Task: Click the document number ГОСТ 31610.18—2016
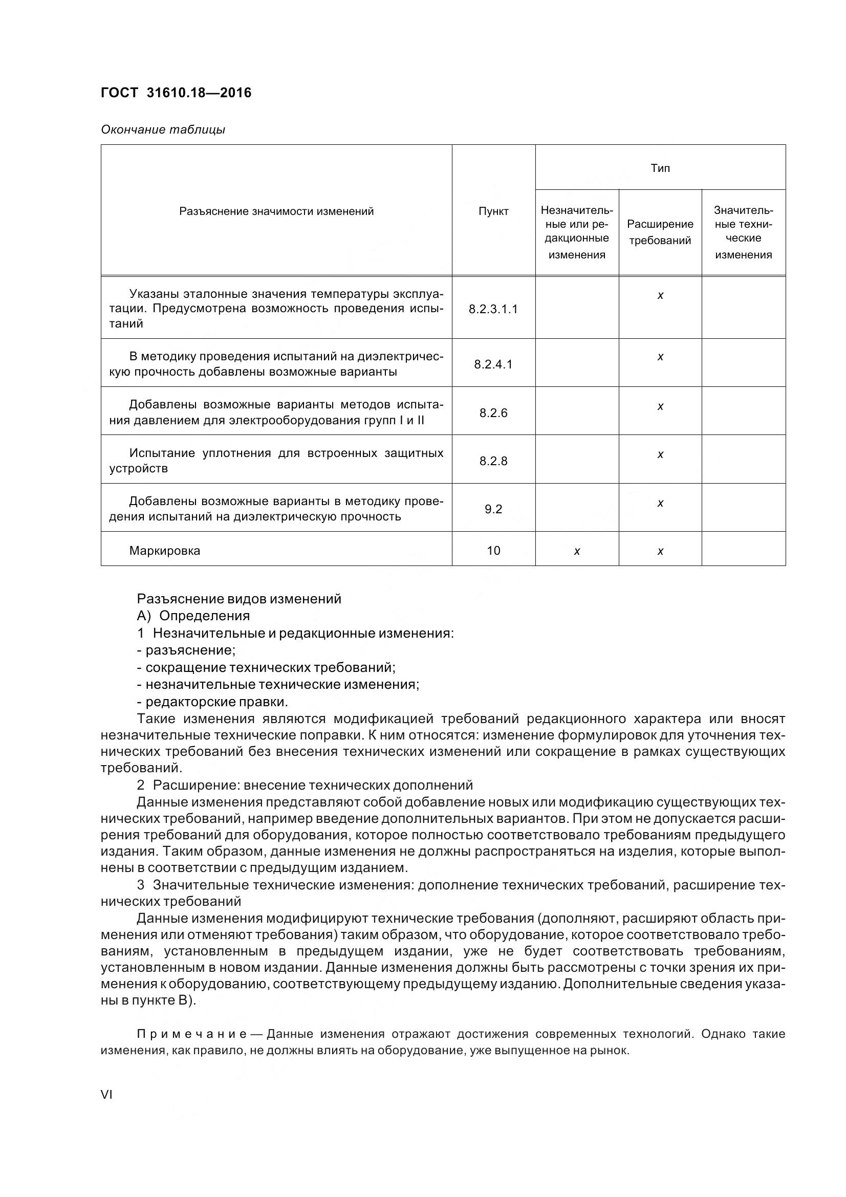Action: (176, 93)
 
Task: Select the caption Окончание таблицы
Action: (163, 130)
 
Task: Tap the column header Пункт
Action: (493, 211)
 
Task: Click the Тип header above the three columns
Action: (660, 168)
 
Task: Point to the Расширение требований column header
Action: (660, 232)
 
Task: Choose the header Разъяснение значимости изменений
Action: (276, 211)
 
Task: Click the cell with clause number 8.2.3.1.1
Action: (493, 309)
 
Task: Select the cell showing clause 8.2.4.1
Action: (493, 364)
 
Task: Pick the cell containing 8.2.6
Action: (493, 413)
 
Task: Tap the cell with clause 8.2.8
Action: (493, 461)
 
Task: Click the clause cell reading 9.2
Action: (493, 509)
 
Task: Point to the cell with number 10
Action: (493, 551)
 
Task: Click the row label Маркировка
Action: (165, 551)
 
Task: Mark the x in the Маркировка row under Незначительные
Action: (576, 551)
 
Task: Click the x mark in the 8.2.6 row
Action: (660, 406)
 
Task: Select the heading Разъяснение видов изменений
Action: (238, 599)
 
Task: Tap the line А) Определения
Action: (193, 616)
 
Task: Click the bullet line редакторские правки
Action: (212, 702)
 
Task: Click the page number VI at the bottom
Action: (106, 1094)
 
